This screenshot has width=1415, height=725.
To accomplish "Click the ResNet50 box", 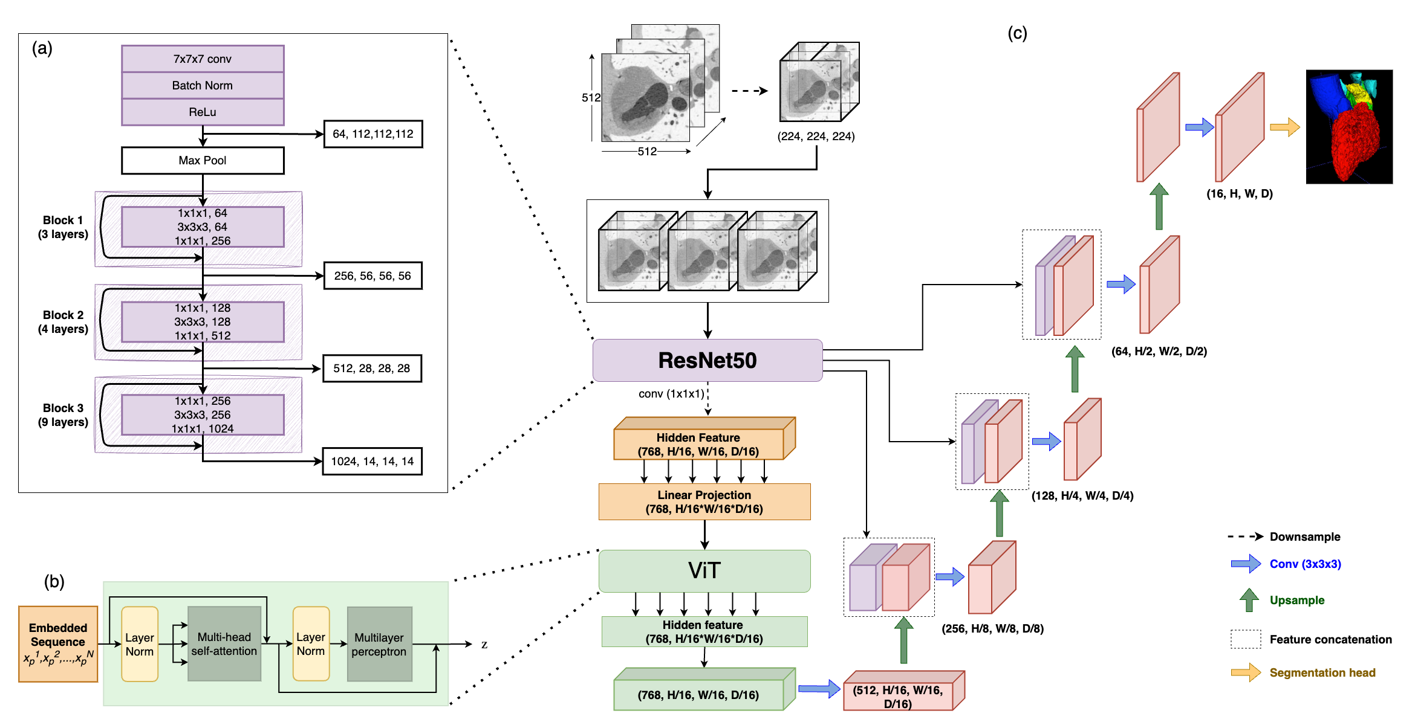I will coord(707,360).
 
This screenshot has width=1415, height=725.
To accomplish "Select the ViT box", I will coord(704,570).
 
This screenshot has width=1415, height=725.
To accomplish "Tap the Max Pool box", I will coord(203,161).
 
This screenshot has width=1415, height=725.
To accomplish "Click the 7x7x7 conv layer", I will coord(203,59).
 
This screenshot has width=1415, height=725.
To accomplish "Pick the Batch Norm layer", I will coord(203,86).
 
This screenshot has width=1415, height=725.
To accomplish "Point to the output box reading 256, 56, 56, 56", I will coord(372,276).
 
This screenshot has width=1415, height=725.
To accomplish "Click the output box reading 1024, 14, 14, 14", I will coord(372,462).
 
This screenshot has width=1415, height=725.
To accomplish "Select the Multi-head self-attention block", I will coord(224,644).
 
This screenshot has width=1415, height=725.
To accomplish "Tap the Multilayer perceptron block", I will coord(379,644).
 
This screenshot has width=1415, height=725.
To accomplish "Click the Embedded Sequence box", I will coord(58,644).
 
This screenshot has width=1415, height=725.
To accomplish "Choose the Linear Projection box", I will coord(704,501).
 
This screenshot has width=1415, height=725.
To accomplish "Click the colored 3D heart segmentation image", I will coord(1349,127).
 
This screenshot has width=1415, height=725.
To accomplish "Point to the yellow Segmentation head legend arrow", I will coord(1246,672).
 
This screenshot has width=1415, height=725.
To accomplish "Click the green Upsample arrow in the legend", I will coord(1249,600).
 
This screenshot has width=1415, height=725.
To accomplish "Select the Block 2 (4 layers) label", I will coord(63,322).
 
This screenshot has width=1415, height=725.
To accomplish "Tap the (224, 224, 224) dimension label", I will coord(816,137).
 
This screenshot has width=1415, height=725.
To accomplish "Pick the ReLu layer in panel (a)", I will coord(203,112).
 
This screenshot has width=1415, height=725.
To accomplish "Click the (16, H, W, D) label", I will coord(1240,194).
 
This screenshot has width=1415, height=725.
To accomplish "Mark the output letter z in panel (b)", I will coord(484,645).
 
